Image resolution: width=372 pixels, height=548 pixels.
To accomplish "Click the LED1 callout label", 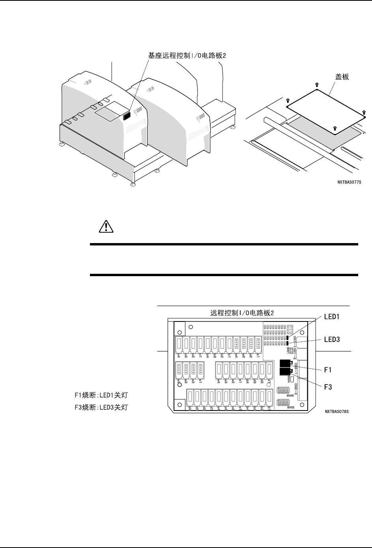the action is (331, 317).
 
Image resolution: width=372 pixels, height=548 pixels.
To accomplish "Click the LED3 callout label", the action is (331, 339).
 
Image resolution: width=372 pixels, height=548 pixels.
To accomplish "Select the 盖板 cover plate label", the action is (342, 77).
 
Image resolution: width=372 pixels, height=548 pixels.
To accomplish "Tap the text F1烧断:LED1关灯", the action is (101, 394).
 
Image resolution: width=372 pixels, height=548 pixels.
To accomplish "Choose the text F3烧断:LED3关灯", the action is (101, 407).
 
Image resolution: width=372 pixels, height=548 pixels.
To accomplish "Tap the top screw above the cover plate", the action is (317, 85).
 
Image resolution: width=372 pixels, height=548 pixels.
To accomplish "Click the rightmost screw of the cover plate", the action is (363, 112).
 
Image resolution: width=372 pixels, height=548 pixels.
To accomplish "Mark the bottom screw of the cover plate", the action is (335, 128).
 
